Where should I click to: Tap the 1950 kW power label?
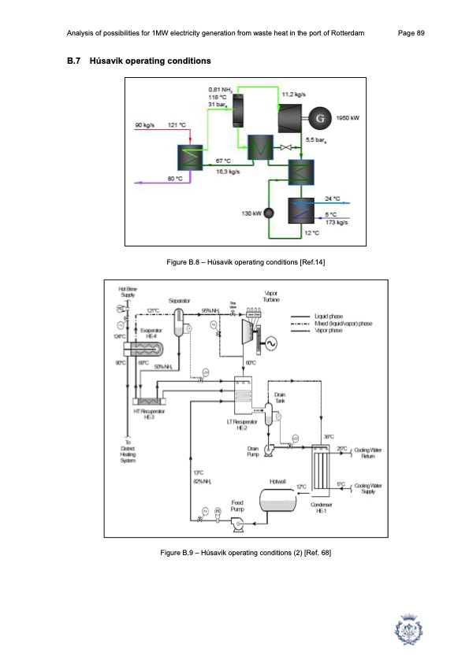[348, 118]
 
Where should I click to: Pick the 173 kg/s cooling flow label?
[337, 223]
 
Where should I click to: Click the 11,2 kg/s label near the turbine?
[294, 93]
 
